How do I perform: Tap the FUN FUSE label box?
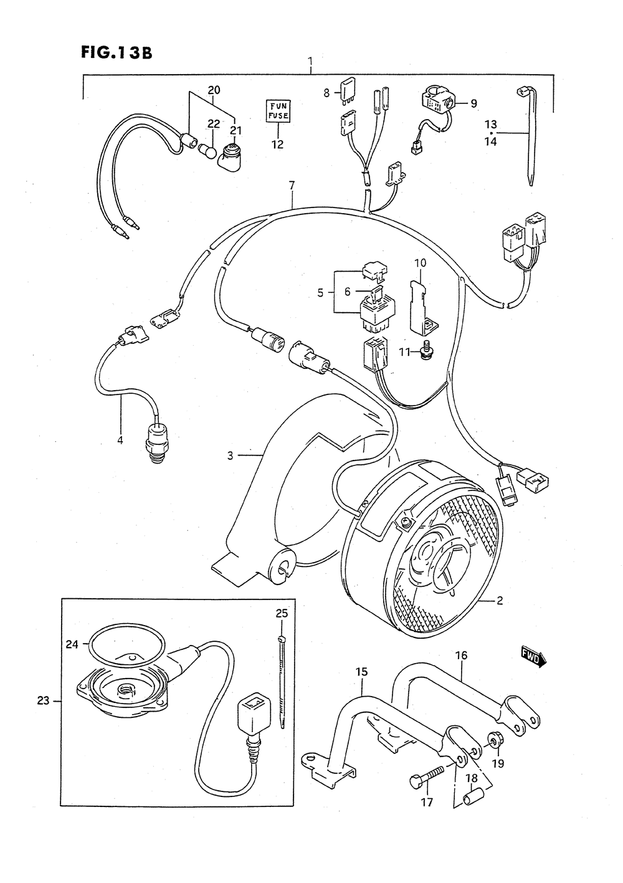tap(277, 110)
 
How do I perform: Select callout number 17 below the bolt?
tap(426, 803)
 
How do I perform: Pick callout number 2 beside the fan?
tap(499, 601)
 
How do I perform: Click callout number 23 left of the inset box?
tap(42, 700)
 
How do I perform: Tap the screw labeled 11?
tap(427, 352)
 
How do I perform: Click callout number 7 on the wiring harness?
tap(291, 185)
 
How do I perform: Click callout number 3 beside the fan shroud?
tap(230, 456)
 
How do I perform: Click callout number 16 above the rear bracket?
tap(461, 656)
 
